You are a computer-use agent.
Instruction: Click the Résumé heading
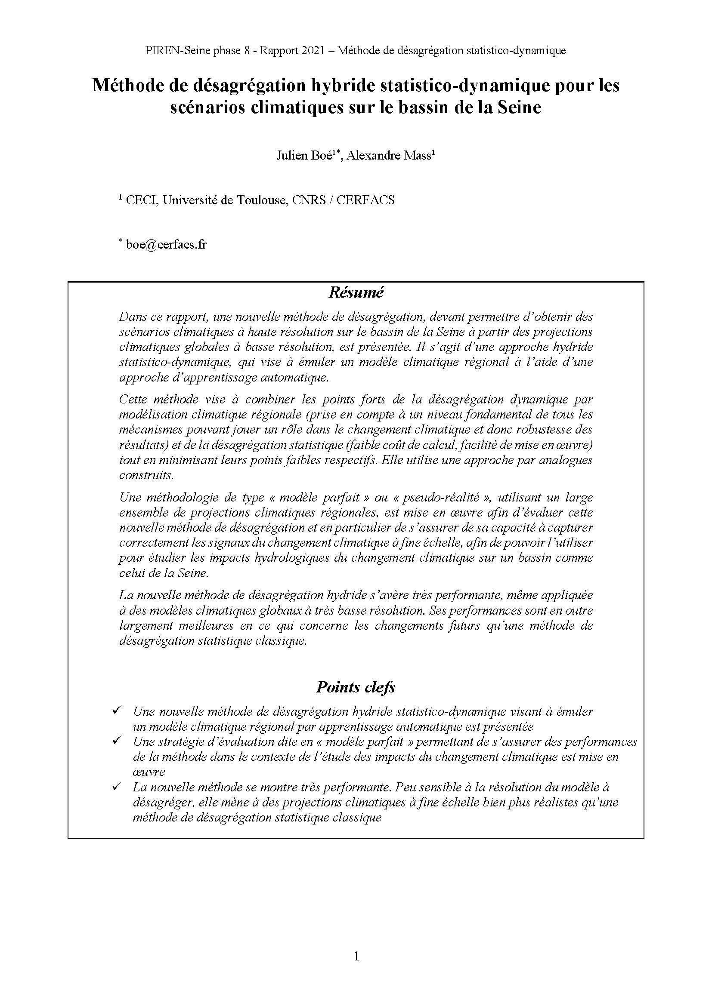[356, 292]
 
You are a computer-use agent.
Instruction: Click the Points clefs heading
[356, 687]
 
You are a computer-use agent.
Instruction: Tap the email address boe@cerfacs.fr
[166, 244]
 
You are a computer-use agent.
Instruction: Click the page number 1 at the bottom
[356, 956]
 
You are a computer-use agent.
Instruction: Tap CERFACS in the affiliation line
[365, 200]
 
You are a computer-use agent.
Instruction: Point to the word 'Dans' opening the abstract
[131, 317]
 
